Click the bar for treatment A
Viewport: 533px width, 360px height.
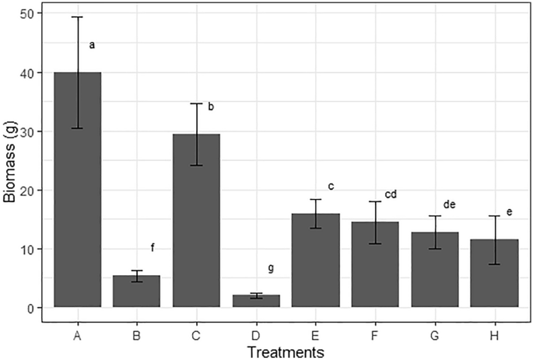click(78, 194)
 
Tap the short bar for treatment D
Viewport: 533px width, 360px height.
click(257, 302)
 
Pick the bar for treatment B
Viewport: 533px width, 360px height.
click(137, 292)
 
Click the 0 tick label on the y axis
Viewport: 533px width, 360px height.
click(30, 308)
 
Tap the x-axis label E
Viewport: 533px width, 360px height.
click(316, 335)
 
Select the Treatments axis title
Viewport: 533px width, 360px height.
click(286, 352)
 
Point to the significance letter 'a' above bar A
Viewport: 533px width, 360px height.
click(92, 45)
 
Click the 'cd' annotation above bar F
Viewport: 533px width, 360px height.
click(391, 194)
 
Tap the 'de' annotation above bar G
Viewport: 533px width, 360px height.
click(450, 204)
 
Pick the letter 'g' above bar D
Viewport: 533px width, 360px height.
click(271, 268)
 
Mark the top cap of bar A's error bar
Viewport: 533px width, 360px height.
click(78, 17)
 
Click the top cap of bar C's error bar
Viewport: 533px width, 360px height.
click(197, 103)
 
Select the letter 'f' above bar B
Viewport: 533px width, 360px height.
click(153, 248)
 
